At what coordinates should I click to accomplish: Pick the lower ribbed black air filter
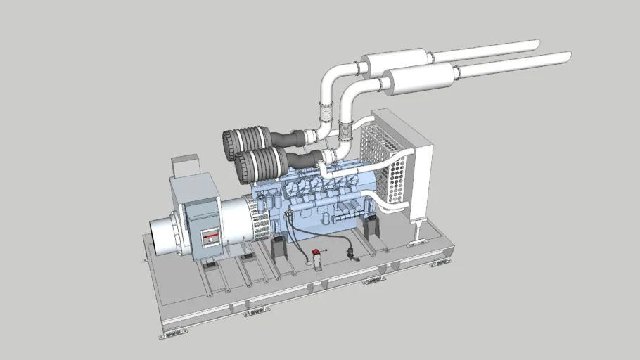(x=254, y=164)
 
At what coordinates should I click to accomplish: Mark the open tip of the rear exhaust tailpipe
(x=536, y=44)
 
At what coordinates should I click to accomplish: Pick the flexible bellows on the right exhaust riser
(x=346, y=129)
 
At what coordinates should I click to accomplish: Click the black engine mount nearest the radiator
(x=370, y=229)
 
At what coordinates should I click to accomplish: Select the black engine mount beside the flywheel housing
(x=279, y=250)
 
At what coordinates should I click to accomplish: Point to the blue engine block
(x=316, y=204)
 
